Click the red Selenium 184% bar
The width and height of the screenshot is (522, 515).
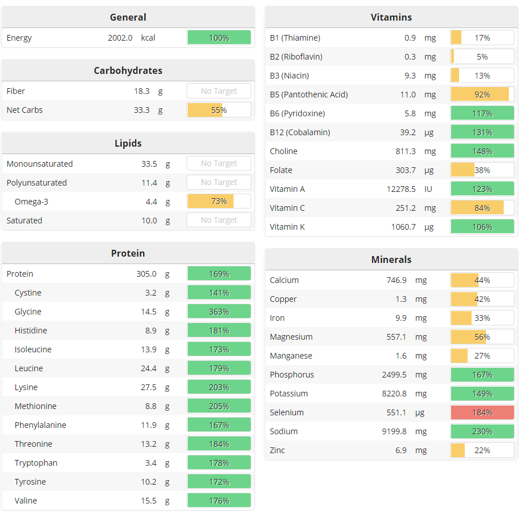click(x=482, y=412)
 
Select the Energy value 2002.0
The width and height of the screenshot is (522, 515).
click(x=120, y=38)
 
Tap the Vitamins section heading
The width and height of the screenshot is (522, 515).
click(x=391, y=17)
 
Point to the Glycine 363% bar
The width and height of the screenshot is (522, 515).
click(x=219, y=312)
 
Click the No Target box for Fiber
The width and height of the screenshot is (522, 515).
click(x=219, y=91)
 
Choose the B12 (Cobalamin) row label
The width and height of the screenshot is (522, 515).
click(x=299, y=132)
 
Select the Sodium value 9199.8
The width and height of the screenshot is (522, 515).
click(x=394, y=431)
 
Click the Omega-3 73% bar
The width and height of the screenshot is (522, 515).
click(x=219, y=202)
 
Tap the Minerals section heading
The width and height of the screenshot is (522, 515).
click(x=391, y=260)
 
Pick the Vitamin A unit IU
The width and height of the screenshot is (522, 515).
click(x=428, y=189)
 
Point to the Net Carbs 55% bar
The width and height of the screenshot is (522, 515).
click(x=219, y=110)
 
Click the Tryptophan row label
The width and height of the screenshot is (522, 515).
click(x=36, y=463)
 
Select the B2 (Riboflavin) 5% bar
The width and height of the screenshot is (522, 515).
click(x=482, y=57)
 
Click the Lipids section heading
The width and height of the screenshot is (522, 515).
click(x=128, y=143)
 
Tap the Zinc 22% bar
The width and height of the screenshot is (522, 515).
click(x=482, y=450)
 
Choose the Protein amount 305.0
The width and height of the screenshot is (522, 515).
click(x=146, y=274)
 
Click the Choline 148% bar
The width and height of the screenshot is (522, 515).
click(x=482, y=151)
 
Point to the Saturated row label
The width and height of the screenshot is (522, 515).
click(x=24, y=221)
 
